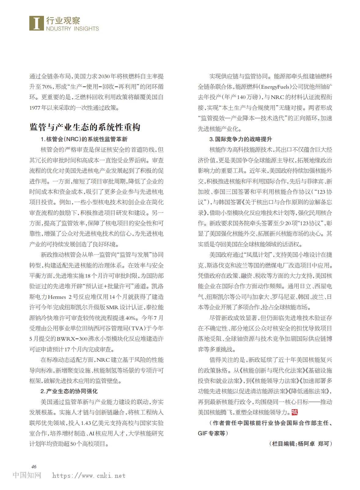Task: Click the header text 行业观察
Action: (63, 21)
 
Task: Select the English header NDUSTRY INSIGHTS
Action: (72, 29)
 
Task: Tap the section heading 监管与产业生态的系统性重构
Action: (85, 127)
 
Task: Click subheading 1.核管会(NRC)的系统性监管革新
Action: (84, 139)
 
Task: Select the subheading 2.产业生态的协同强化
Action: (69, 391)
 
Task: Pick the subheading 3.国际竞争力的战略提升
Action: (241, 139)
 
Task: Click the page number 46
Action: (34, 466)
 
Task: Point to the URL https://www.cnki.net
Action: (89, 476)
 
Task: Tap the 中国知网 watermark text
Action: (27, 475)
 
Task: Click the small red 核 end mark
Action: (295, 412)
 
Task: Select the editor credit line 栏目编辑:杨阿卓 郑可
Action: (301, 444)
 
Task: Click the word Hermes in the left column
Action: (57, 297)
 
